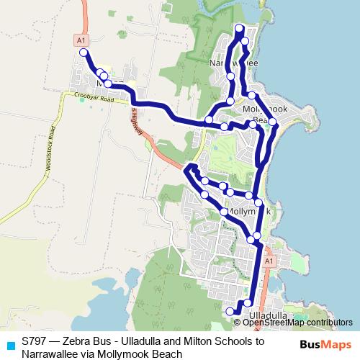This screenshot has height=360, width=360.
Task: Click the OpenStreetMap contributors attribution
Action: [302, 323]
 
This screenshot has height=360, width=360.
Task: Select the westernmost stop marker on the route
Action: [84, 53]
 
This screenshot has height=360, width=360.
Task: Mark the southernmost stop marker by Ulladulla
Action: [230, 311]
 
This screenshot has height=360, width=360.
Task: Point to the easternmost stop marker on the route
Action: [273, 122]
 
